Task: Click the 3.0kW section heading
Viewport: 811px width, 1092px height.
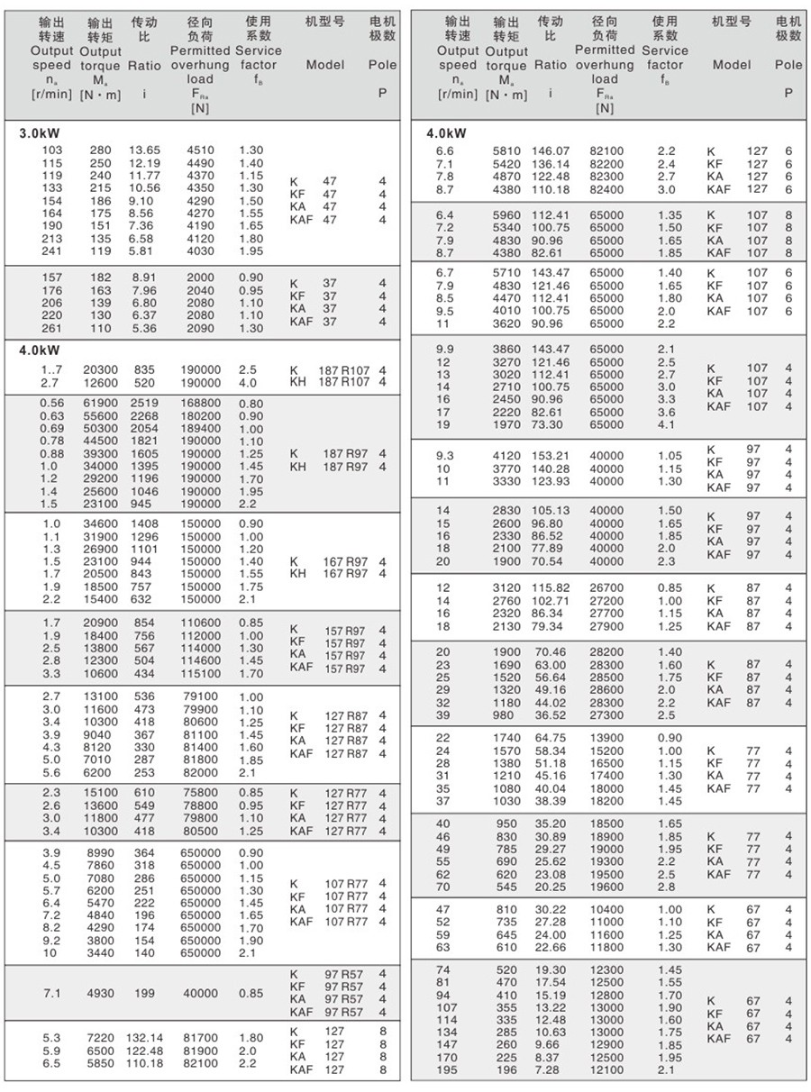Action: tap(38, 133)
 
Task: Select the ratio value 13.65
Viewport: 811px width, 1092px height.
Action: tap(144, 150)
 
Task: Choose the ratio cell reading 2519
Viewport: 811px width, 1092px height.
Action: tap(144, 404)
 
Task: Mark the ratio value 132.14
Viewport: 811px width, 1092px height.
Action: tap(144, 1038)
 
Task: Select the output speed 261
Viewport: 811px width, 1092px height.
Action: tap(52, 328)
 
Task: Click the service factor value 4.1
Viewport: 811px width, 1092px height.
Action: tap(666, 424)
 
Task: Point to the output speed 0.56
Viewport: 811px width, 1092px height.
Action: tap(52, 404)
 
